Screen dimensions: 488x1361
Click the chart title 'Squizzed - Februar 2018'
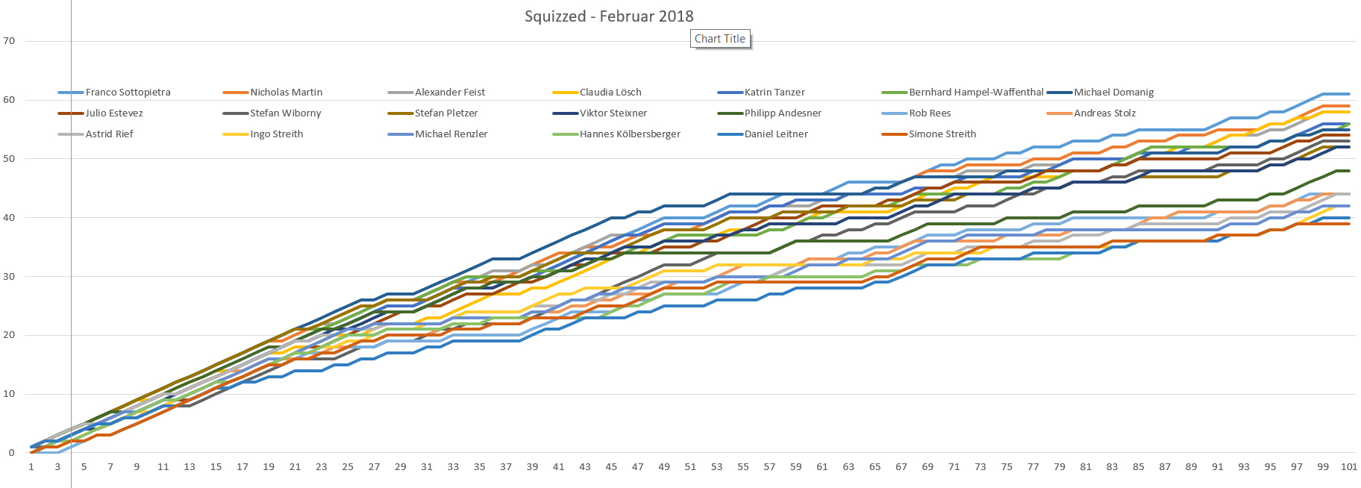click(x=609, y=16)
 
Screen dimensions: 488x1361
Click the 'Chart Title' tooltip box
click(x=720, y=39)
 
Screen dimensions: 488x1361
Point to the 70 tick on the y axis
click(x=9, y=41)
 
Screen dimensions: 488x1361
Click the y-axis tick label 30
click(x=9, y=276)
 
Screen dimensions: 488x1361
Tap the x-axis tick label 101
click(x=1348, y=467)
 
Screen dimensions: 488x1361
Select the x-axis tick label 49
click(x=664, y=467)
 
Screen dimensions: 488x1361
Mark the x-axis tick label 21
click(x=295, y=467)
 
